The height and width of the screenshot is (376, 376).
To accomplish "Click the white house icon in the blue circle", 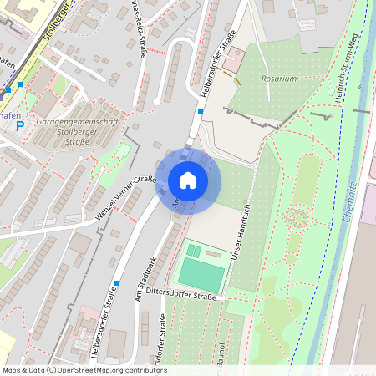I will point(188,180).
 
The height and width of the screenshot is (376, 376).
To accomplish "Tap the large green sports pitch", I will point(201,275).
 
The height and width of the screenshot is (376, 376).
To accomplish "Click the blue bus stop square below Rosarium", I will point(201,111).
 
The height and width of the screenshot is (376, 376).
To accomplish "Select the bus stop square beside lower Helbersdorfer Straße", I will point(117,282).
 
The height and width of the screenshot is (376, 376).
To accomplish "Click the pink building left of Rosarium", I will point(233,59).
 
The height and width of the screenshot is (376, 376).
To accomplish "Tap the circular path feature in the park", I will point(296,219).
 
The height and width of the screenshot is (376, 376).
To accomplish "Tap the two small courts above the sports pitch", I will point(194,250).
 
